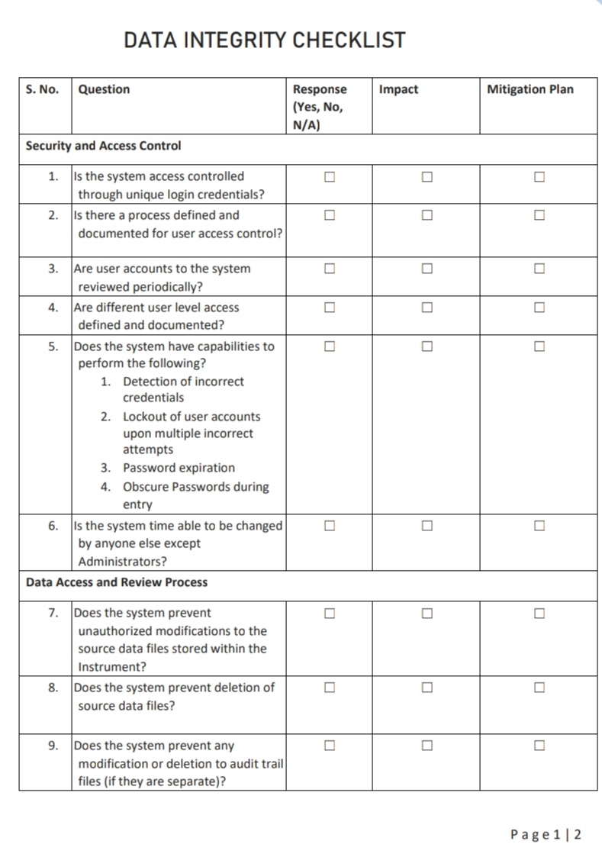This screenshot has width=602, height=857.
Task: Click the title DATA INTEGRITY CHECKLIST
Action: point(265,40)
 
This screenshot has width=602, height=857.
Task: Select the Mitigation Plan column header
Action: point(530,89)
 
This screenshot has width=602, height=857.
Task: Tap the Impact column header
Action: point(398,89)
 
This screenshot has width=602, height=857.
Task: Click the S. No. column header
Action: point(42,89)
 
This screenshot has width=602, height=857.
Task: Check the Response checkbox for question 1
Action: point(330,177)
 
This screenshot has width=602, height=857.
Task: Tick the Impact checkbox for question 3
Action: point(427,269)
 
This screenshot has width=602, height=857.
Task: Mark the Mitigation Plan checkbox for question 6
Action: point(539,526)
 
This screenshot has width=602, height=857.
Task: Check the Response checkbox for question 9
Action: point(330,746)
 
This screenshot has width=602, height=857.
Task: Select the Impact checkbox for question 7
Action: point(427,613)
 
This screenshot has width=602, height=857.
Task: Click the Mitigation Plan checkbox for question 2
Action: point(539,215)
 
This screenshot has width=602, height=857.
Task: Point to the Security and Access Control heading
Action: point(104,145)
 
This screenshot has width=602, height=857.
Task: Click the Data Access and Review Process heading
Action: point(117,582)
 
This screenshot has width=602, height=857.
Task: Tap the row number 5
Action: point(53,346)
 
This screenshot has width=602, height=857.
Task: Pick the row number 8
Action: point(53,688)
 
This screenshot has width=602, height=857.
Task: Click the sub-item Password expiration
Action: point(179,468)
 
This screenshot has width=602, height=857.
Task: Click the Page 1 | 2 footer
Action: point(546,834)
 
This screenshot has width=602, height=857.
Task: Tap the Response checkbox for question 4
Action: point(330,308)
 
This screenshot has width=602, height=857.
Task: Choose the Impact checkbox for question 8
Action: point(427,688)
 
